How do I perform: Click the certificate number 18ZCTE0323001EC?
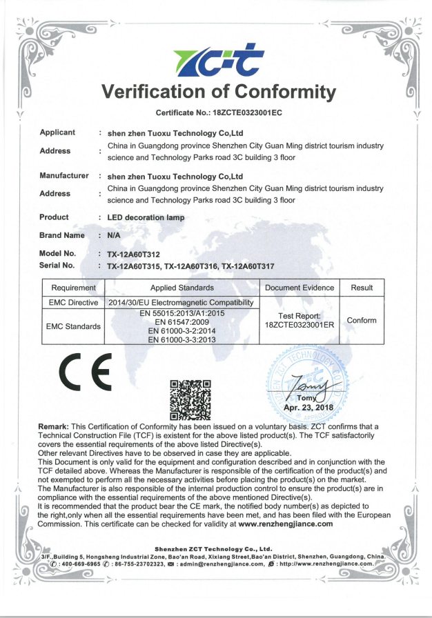pyautogui.click(x=239, y=112)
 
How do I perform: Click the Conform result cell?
pyautogui.click(x=361, y=320)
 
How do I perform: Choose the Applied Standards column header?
pyautogui.click(x=181, y=288)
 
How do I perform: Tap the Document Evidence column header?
pyautogui.click(x=300, y=288)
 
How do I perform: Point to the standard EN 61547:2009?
pyautogui.click(x=181, y=321)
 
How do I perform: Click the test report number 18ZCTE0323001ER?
pyautogui.click(x=300, y=324)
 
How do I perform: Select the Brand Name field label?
pyautogui.click(x=62, y=235)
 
